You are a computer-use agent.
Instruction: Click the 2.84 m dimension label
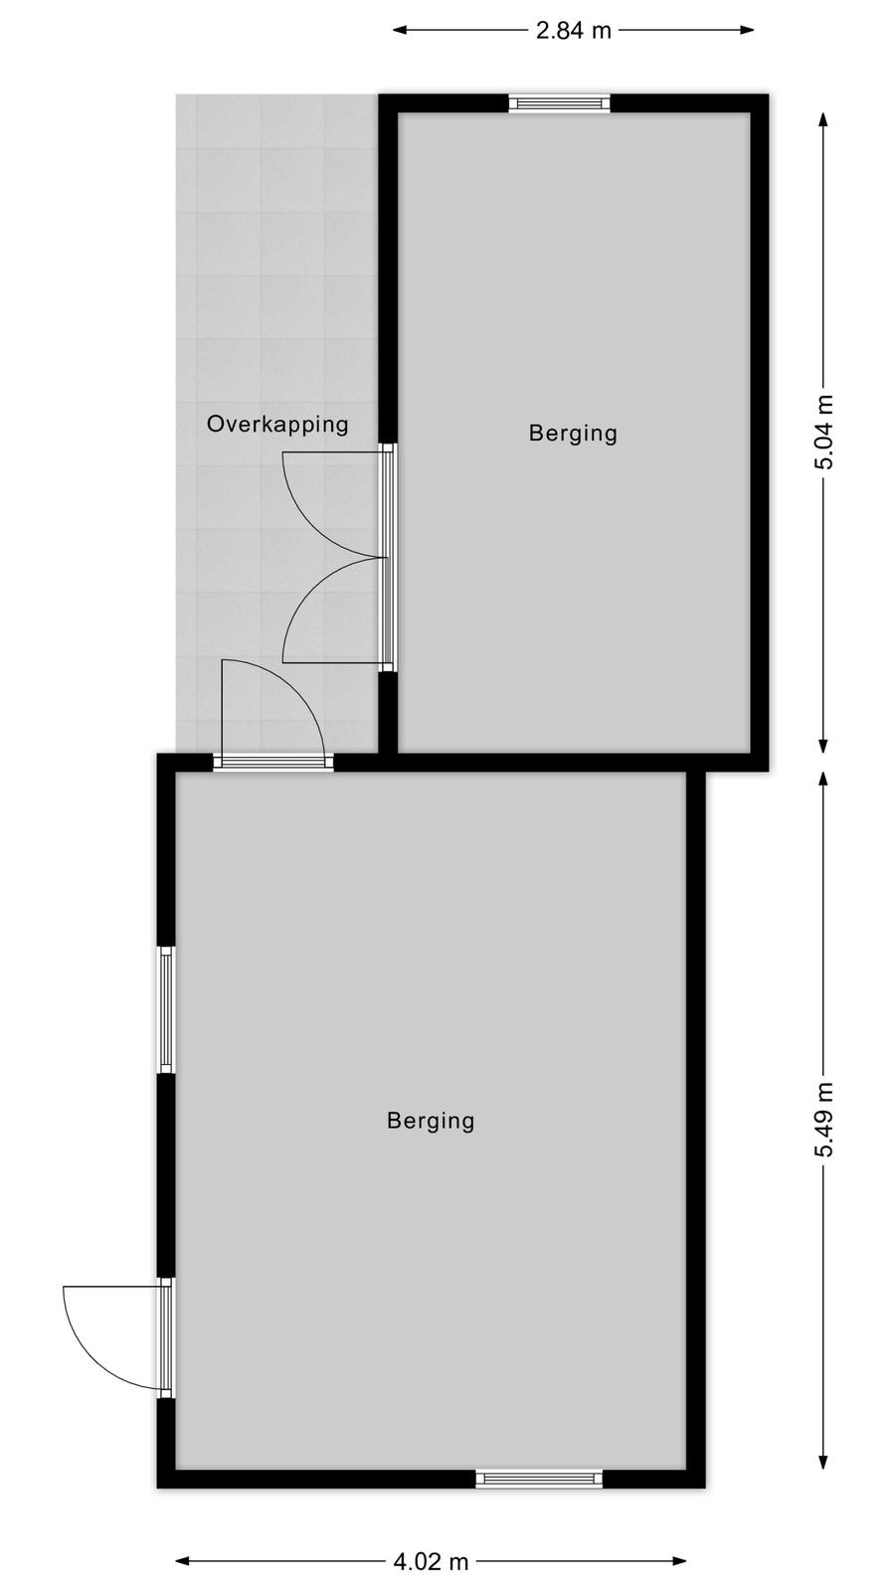coord(573,31)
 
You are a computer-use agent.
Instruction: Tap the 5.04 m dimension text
coord(824,432)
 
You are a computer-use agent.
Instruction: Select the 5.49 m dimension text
coord(824,1120)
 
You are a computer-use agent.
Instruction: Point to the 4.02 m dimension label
coord(432,1561)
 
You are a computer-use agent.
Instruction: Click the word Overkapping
coord(277,425)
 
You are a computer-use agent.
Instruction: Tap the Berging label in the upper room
coord(573,434)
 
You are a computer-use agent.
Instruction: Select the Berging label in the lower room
coord(432,1121)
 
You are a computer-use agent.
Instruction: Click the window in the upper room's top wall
coord(560,103)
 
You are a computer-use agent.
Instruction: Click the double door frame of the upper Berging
coord(387,558)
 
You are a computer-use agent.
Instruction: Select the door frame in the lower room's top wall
coord(273,762)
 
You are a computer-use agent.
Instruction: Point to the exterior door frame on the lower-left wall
coord(166,1338)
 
